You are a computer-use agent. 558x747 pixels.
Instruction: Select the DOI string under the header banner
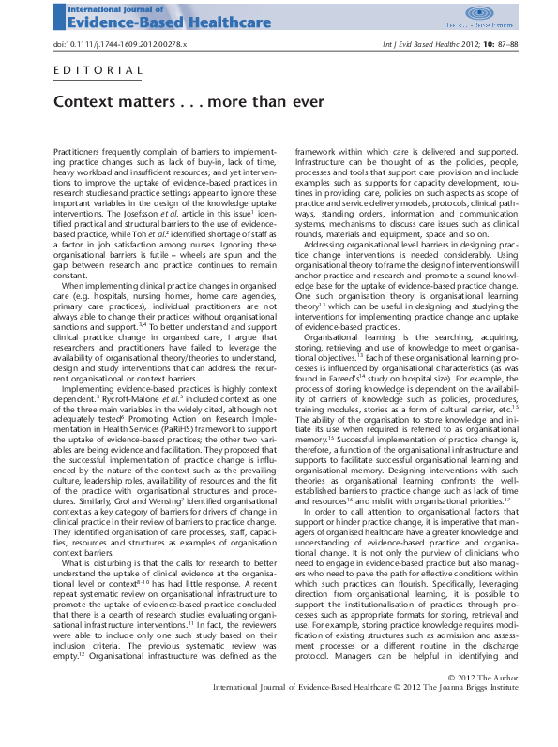(120, 44)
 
